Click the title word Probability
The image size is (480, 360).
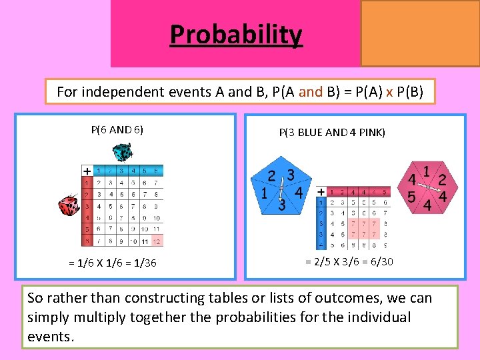coord(236,34)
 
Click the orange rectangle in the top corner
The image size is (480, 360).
coord(420,33)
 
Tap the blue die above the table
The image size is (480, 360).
coord(123,154)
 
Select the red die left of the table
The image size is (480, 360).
coord(69,207)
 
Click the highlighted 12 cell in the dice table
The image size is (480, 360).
coord(157,241)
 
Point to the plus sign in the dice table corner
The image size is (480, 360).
coord(87,171)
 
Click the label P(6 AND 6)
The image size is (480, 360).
coord(117,129)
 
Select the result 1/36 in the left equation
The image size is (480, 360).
coord(145,263)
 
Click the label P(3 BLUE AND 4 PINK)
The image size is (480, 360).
coord(332,132)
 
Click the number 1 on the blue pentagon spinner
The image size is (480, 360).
coord(265,194)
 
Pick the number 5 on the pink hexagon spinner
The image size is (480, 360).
coord(412,197)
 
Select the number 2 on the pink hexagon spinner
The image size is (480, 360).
coord(442,179)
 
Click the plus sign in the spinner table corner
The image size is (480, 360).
coord(321,191)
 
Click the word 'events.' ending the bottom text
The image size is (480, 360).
coord(50,336)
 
